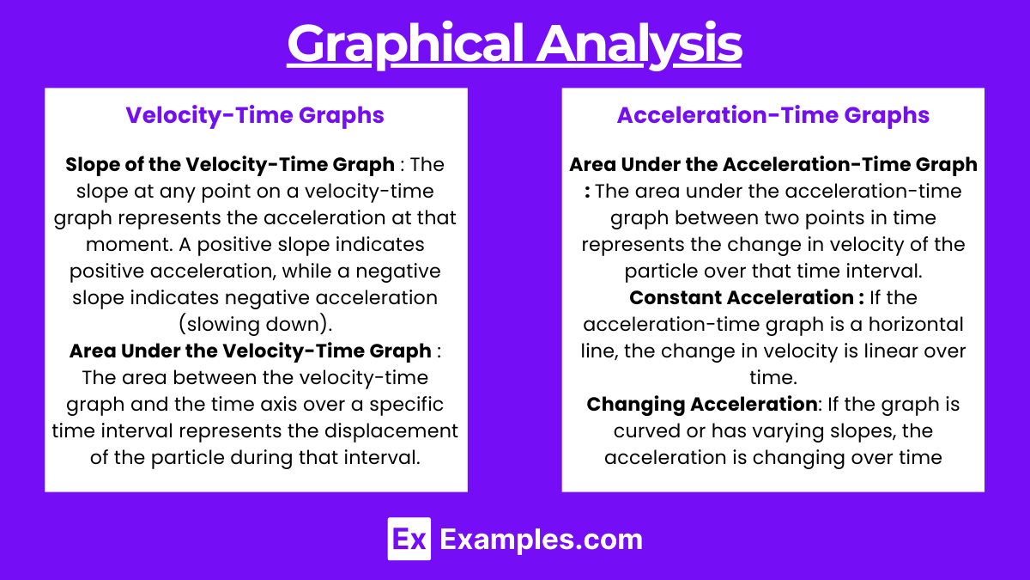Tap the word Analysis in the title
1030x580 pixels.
point(639,45)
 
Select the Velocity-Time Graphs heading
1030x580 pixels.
point(255,115)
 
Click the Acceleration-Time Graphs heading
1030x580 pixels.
point(773,115)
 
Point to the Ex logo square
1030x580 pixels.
point(409,539)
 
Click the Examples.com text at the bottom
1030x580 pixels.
point(542,539)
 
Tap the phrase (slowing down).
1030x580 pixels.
point(255,325)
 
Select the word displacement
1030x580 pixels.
point(391,431)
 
